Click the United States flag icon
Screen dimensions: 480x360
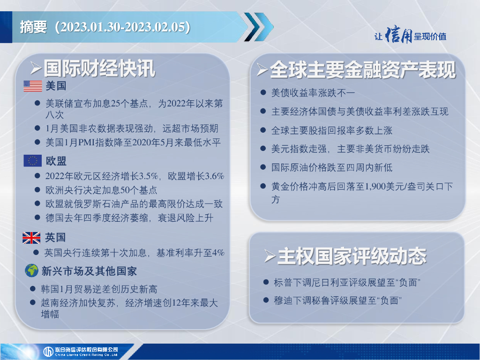33,86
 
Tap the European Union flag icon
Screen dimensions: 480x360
32,160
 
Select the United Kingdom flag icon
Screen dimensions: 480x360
31,238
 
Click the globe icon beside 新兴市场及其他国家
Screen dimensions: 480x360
31,270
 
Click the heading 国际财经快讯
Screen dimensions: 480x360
99,68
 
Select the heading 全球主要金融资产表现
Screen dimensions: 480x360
363,70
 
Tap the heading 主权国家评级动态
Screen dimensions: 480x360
352,256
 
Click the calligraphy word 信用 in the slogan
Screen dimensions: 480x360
398,35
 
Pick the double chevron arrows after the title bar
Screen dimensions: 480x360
259,27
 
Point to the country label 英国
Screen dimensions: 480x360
55,238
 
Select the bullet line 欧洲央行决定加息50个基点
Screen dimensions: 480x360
101,190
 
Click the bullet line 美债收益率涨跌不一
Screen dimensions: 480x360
313,93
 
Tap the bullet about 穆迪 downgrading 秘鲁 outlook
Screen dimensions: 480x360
337,300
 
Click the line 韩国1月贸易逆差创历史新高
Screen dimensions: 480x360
99,289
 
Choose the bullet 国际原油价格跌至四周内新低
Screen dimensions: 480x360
332,167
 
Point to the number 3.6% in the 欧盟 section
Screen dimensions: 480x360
214,176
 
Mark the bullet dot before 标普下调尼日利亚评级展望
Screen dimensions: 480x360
266,282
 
